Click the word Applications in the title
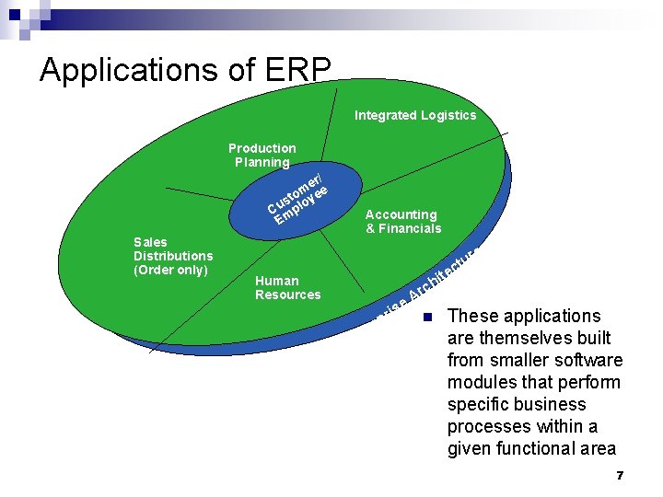[127, 70]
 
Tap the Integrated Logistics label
[415, 115]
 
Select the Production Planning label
[262, 156]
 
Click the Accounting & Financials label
[402, 222]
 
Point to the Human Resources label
[287, 287]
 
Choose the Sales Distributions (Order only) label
[173, 256]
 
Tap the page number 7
[620, 475]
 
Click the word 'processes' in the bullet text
[485, 426]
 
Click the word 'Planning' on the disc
[262, 163]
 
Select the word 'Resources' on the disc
[287, 295]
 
